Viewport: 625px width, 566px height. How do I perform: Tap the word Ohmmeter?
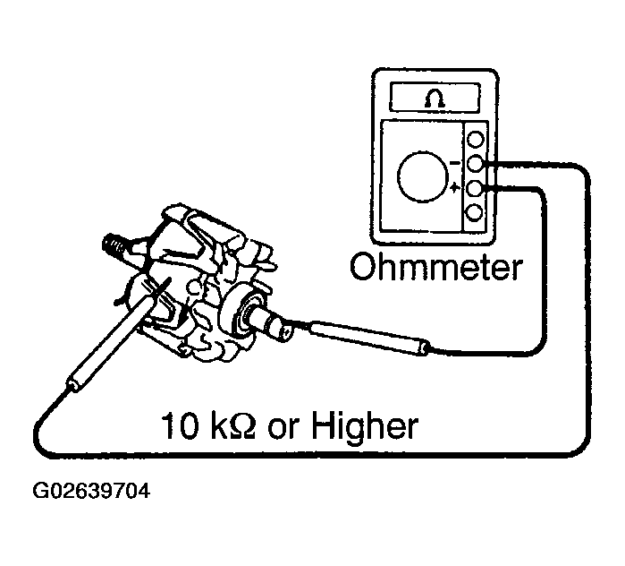click(x=435, y=266)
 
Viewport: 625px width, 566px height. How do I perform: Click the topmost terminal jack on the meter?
click(x=476, y=141)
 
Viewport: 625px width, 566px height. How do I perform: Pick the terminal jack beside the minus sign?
click(x=476, y=164)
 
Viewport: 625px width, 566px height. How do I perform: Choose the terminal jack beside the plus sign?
click(x=476, y=188)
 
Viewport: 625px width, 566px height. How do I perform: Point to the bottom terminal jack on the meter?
click(x=476, y=212)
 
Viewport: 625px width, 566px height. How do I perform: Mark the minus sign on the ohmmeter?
click(x=455, y=163)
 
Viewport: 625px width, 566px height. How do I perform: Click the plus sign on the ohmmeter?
click(x=455, y=188)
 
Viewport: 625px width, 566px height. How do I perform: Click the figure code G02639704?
click(x=91, y=492)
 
